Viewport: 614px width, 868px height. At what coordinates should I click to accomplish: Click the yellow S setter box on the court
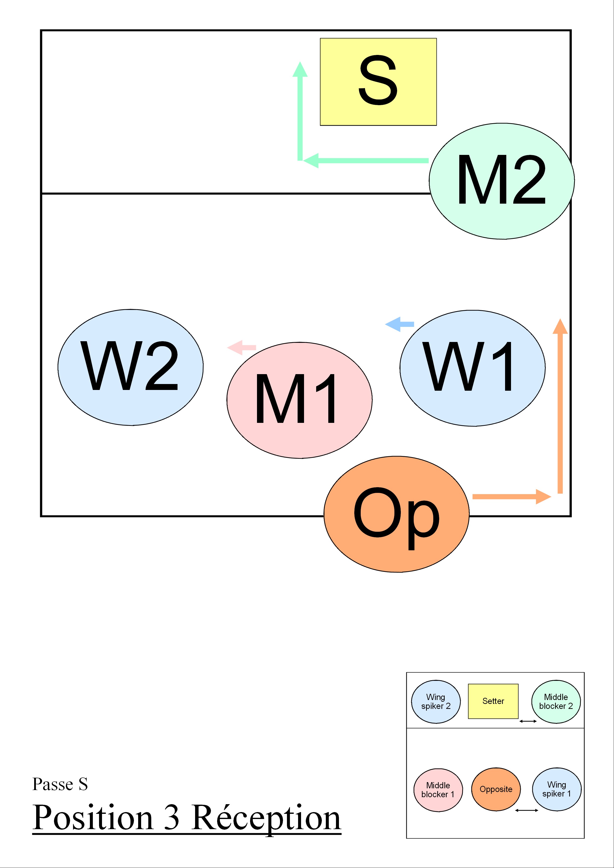(378, 82)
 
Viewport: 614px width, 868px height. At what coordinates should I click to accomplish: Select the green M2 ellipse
(501, 181)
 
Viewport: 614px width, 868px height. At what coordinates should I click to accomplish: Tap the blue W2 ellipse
(130, 367)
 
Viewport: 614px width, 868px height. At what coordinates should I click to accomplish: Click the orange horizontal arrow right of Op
(511, 496)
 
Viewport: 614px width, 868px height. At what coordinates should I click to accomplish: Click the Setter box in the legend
(493, 701)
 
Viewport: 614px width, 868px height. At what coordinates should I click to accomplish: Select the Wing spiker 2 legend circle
(436, 702)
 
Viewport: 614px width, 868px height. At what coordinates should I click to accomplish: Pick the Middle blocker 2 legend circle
(556, 702)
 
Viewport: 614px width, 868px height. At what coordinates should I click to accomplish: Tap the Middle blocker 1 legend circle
(438, 790)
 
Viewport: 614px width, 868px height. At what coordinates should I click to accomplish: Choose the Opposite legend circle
(496, 789)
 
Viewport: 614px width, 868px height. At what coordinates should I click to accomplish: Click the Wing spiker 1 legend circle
(557, 789)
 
